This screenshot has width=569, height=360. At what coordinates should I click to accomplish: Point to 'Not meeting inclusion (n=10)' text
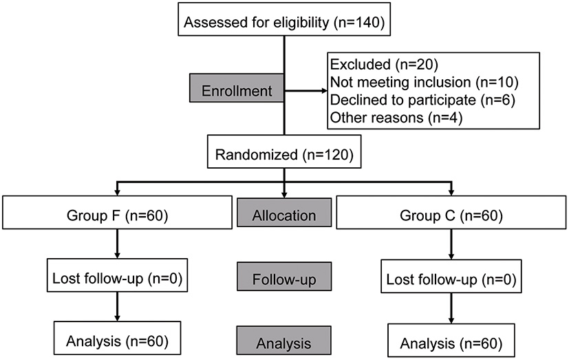(x=424, y=83)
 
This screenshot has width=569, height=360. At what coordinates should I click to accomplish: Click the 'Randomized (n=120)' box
(x=285, y=155)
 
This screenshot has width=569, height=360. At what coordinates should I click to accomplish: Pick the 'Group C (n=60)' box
(x=451, y=215)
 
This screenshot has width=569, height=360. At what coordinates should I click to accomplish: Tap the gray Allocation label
(x=283, y=215)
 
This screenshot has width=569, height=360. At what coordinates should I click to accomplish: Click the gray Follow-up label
(x=283, y=281)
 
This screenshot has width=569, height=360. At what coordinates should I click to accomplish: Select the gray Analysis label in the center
(x=283, y=342)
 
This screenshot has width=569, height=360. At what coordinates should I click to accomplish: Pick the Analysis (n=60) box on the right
(x=451, y=343)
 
